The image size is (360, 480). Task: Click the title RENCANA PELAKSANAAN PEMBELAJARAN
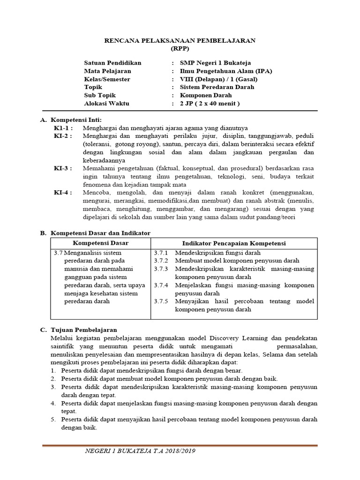(180, 41)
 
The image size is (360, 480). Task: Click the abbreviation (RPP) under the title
(180, 48)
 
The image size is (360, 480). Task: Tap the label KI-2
(63, 136)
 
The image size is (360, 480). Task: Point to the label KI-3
(63, 168)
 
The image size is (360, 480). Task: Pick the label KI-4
(63, 193)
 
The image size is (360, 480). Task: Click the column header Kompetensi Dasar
(100, 243)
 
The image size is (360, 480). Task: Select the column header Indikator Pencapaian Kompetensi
(234, 243)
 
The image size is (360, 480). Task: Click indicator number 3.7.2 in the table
(160, 261)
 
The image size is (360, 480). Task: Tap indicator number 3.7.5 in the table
(160, 301)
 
